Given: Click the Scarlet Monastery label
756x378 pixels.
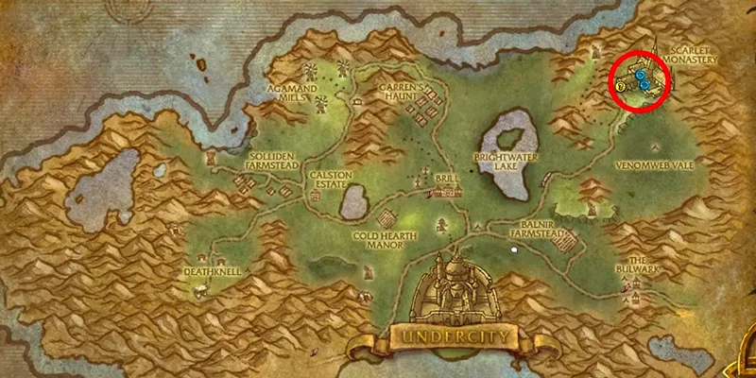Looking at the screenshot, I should pyautogui.click(x=693, y=54).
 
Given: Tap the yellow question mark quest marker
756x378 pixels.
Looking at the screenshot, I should pyautogui.click(x=619, y=87).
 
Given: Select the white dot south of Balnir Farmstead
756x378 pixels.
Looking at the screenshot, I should pyautogui.click(x=514, y=249).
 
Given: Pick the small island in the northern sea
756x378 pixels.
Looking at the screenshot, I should pyautogui.click(x=200, y=64).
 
